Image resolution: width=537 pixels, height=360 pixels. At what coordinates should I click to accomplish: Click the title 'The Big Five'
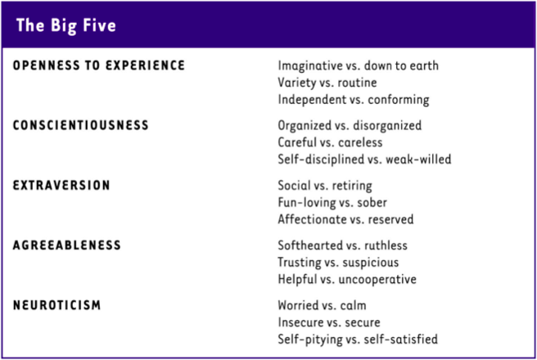[66, 25]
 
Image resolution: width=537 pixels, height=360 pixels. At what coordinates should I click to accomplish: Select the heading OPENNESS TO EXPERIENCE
[99, 65]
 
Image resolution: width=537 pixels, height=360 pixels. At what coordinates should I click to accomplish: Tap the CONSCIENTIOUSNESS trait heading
[81, 125]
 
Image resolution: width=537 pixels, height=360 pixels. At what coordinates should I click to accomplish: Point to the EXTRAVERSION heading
[61, 185]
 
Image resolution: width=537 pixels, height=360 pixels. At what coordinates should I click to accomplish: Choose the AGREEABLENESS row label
[67, 245]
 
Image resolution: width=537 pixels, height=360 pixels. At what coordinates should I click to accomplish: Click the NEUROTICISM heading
[56, 305]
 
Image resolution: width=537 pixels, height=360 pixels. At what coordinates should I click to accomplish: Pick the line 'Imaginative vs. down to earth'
[359, 65]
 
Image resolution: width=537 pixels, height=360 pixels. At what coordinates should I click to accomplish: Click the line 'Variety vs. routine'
[327, 83]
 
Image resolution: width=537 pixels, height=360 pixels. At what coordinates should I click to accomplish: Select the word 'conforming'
[399, 100]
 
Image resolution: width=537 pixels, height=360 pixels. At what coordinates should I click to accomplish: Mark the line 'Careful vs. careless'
[330, 142]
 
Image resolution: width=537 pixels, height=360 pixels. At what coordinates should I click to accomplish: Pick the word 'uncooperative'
[377, 280]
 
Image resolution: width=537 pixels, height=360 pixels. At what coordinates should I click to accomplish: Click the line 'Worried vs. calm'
[322, 305]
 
